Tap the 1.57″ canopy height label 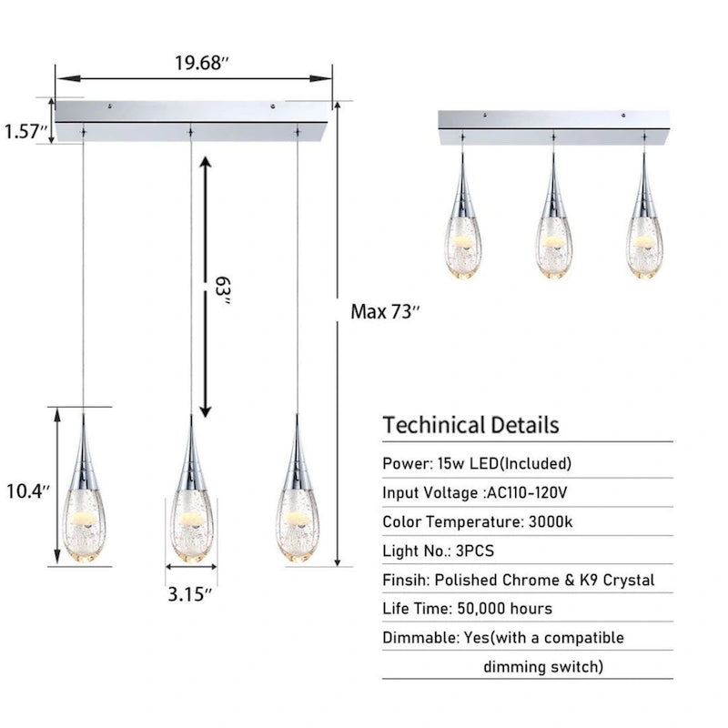[25, 131]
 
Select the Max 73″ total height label [386, 311]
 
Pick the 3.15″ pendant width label [191, 592]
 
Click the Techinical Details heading [470, 424]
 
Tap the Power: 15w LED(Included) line [477, 463]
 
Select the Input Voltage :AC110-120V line [480, 492]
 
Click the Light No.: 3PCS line [439, 551]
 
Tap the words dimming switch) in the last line [543, 666]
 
